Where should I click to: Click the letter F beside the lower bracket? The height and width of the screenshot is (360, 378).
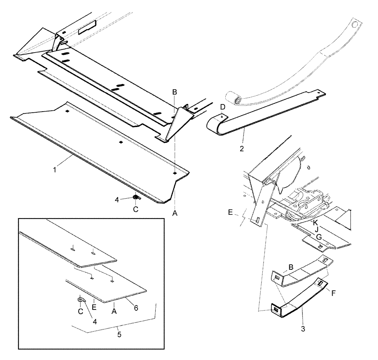click(333, 293)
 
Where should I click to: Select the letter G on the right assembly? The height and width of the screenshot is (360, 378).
click(319, 237)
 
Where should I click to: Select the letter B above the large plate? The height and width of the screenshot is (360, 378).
click(174, 92)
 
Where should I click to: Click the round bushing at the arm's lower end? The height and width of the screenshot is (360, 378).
click(238, 101)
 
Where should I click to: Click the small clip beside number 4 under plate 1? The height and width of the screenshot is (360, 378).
click(136, 197)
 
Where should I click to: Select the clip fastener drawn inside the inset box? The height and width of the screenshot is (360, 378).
click(81, 299)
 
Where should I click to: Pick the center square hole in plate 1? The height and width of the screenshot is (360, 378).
click(121, 142)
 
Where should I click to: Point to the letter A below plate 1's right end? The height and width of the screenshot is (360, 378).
click(175, 214)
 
